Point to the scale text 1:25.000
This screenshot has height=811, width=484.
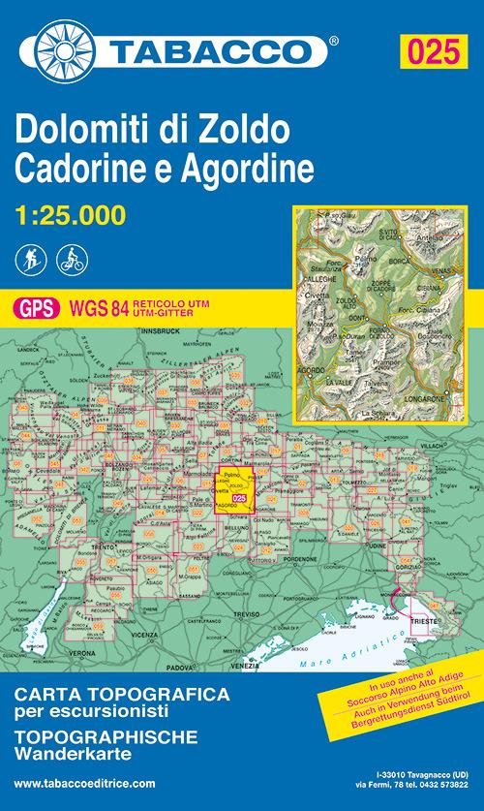coord(70,215)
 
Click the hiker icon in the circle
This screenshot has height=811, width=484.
coord(29,260)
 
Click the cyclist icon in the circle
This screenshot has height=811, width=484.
coord(70,260)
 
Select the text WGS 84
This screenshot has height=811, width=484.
coord(94,309)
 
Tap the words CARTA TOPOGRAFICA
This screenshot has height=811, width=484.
coord(120,695)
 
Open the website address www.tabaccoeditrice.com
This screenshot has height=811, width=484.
coord(85,782)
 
